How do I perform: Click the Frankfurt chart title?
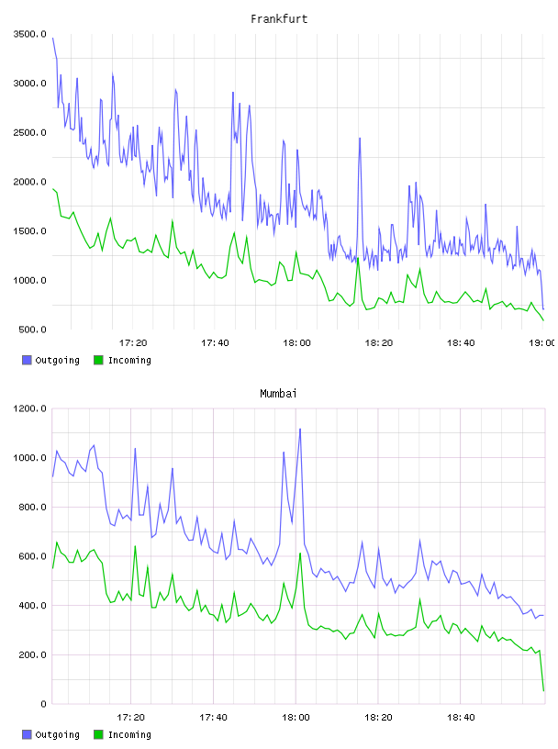pyautogui.click(x=279, y=19)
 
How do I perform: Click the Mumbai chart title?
pyautogui.click(x=278, y=394)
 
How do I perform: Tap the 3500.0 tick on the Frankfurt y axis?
pyautogui.click(x=30, y=34)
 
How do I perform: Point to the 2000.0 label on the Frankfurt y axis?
pyautogui.click(x=30, y=182)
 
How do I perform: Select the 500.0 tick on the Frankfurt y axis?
pyautogui.click(x=32, y=330)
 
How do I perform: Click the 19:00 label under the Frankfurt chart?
pyautogui.click(x=541, y=342)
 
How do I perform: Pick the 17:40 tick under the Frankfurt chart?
pyautogui.click(x=215, y=342)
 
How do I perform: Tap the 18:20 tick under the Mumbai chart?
pyautogui.click(x=378, y=717)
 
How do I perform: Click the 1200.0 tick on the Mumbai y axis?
pyautogui.click(x=30, y=408)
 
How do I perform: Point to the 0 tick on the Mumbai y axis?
pyautogui.click(x=43, y=704)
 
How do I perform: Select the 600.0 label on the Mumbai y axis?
pyautogui.click(x=32, y=556)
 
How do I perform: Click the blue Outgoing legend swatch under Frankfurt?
pyautogui.click(x=27, y=360)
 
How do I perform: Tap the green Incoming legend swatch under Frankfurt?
pyautogui.click(x=98, y=360)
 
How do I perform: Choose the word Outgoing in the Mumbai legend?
pyautogui.click(x=57, y=734)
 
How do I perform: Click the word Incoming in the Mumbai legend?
pyautogui.click(x=129, y=734)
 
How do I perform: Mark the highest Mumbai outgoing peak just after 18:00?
pyautogui.click(x=300, y=429)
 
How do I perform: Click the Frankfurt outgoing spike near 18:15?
pyautogui.click(x=360, y=138)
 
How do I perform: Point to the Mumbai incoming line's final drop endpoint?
pyautogui.click(x=543, y=690)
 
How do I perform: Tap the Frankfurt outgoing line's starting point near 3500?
pyautogui.click(x=52, y=39)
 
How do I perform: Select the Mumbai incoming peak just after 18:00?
pyautogui.click(x=300, y=553)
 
